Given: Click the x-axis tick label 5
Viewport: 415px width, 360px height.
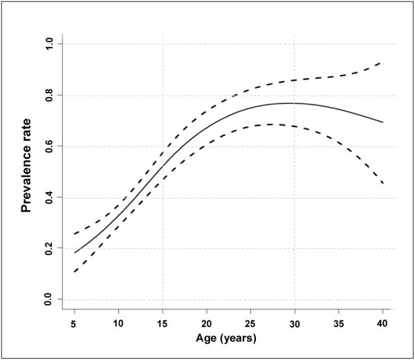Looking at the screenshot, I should point(74,323).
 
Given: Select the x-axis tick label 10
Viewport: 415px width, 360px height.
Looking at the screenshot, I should point(118,323).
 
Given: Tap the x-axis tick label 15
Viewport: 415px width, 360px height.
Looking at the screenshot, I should point(163,323).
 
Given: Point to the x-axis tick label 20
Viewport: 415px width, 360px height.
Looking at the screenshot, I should point(206,323).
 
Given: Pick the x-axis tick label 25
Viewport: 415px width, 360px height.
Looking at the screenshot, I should point(250,323).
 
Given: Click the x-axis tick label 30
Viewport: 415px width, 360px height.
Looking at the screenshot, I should point(295,323).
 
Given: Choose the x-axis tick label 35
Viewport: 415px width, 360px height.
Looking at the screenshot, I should point(339,323).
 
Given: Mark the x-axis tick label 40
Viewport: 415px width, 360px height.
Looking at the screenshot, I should point(382,323).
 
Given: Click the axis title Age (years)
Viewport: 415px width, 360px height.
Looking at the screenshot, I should point(228,339).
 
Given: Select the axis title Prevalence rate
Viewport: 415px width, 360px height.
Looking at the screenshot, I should point(27,171).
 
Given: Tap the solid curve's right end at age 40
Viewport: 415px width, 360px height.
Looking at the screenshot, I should point(382,122).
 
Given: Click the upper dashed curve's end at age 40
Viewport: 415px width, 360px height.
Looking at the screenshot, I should point(382,63).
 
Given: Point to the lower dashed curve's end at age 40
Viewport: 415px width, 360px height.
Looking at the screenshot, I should point(382,183).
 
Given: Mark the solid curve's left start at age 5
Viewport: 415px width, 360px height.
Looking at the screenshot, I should point(75,253).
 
